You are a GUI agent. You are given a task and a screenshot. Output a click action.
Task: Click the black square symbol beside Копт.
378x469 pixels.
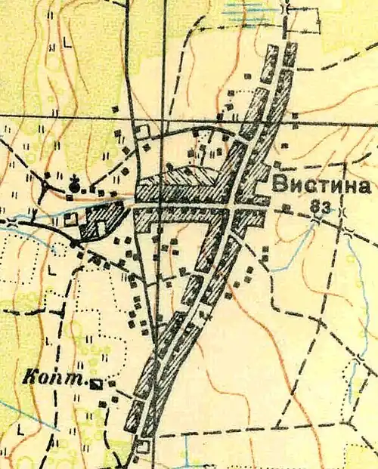[x=96, y=384]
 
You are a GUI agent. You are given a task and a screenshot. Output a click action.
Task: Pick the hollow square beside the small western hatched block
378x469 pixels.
[x=70, y=219]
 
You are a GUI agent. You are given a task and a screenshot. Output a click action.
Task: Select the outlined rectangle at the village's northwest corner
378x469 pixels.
[x=143, y=131]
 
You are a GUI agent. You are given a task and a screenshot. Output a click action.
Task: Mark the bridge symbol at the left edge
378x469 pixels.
[x=11, y=221]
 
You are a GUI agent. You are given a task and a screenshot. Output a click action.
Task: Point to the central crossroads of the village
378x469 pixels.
[x=231, y=206]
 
